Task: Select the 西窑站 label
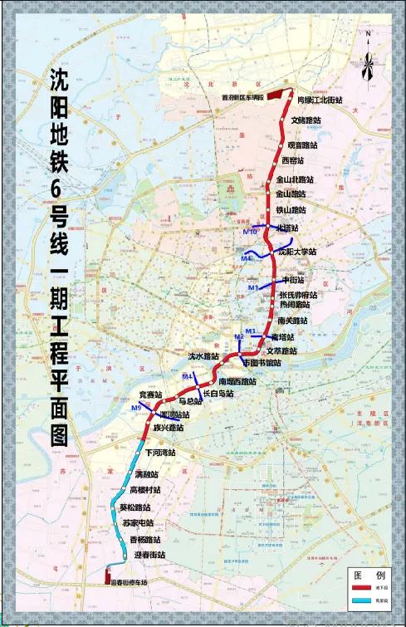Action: [x=293, y=160]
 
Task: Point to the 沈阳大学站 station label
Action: [x=297, y=252]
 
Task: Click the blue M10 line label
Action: [x=250, y=232]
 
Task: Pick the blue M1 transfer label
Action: [x=255, y=287]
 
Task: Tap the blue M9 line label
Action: [x=136, y=407]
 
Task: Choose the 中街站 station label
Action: [x=294, y=281]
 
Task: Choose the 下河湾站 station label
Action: [x=161, y=453]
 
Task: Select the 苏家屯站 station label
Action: [x=137, y=523]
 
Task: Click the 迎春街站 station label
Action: [x=149, y=554]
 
